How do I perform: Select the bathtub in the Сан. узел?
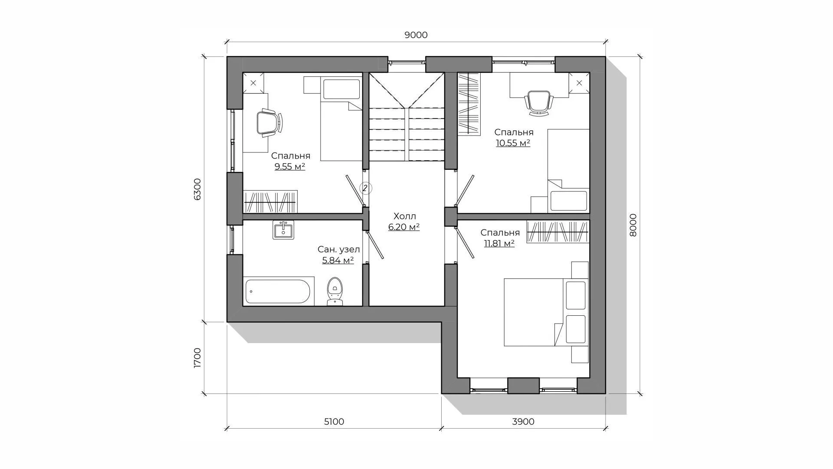click(278, 291)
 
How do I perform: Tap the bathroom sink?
click(283, 230)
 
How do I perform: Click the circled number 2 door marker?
click(365, 188)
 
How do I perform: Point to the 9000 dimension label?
click(416, 35)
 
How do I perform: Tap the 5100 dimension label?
click(334, 422)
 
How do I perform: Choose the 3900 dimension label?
click(524, 422)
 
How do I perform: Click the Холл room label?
click(405, 216)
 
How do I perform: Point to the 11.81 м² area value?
click(499, 243)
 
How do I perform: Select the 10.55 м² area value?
click(513, 143)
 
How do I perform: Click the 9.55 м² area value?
click(290, 166)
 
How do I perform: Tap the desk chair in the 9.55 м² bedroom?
click(269, 124)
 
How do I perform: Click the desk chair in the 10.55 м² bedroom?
click(538, 103)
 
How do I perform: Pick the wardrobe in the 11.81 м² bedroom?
click(558, 231)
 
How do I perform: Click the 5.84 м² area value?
click(338, 260)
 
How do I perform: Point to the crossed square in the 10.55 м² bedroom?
click(579, 83)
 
